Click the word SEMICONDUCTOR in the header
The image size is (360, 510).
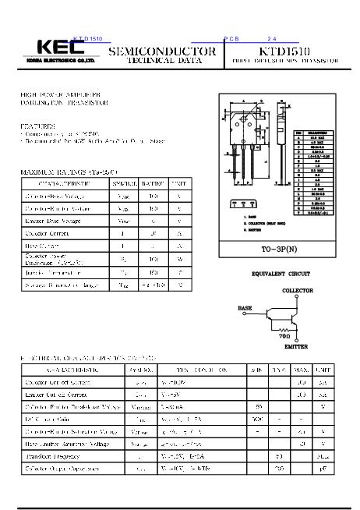pyautogui.click(x=161, y=51)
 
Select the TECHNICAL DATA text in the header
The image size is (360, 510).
pyautogui.click(x=161, y=60)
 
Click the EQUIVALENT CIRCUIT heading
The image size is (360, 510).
pyautogui.click(x=281, y=274)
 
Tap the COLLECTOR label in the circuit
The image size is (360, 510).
pyautogui.click(x=297, y=290)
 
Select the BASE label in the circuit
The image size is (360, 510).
pyautogui.click(x=245, y=308)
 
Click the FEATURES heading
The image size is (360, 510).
pyautogui.click(x=38, y=125)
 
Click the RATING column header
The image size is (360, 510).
pyautogui.click(x=153, y=184)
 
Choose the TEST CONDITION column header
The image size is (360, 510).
pyautogui.click(x=199, y=370)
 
